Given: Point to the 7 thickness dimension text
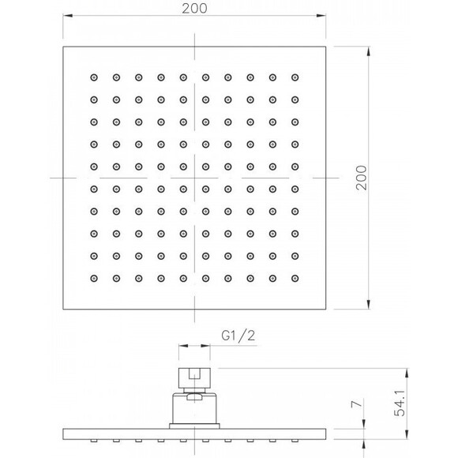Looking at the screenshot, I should (x=355, y=407).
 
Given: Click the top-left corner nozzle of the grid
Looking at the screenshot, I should (x=94, y=77).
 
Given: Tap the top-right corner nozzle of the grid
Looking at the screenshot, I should (x=295, y=77).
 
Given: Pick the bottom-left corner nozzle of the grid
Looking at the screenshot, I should (x=94, y=277).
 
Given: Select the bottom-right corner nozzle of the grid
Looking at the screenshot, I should (x=295, y=277).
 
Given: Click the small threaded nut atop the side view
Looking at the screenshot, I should (x=194, y=377).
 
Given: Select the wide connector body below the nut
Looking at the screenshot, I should (x=194, y=408).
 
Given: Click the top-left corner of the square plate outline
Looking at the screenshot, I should (x=62, y=47).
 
